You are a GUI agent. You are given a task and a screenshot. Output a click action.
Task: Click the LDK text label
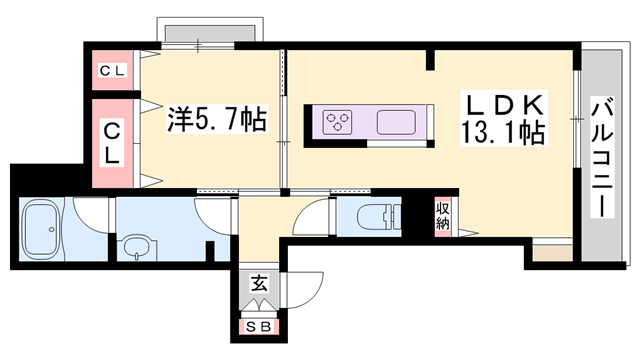(x=502, y=103)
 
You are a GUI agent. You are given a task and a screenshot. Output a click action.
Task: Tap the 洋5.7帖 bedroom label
(x=216, y=120)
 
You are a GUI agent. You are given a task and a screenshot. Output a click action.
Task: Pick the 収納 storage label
(x=442, y=216)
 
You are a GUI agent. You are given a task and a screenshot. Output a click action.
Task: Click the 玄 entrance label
(x=258, y=284)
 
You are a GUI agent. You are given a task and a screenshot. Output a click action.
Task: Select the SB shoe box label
(x=258, y=325)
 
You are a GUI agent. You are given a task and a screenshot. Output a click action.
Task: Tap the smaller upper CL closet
(x=112, y=71)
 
